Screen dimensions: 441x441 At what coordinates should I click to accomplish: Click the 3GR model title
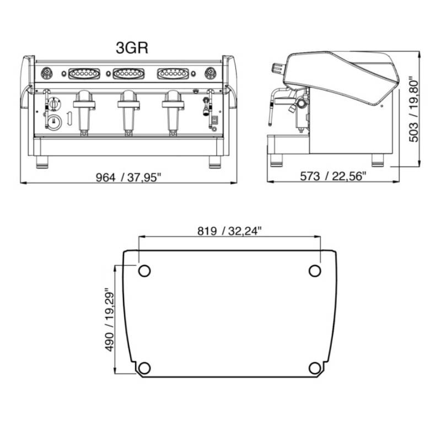(x=132, y=48)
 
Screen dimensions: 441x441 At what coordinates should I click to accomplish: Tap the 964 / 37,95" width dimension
(x=128, y=178)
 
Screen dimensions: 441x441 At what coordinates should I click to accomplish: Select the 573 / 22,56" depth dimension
(x=333, y=176)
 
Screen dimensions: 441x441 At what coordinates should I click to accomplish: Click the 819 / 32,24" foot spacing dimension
(x=229, y=231)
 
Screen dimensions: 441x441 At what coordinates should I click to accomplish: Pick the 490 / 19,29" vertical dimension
(x=109, y=319)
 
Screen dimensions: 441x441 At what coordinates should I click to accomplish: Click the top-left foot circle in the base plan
(x=144, y=271)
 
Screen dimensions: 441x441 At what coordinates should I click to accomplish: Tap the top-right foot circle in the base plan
(x=315, y=271)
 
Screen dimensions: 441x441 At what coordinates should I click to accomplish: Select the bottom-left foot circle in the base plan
(x=144, y=368)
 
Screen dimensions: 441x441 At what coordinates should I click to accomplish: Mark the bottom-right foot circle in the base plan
(x=315, y=368)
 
